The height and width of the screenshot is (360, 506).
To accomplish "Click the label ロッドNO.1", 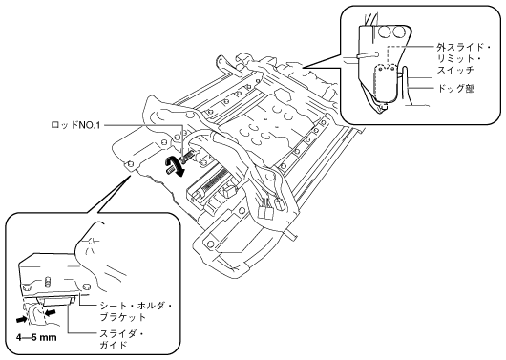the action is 75,125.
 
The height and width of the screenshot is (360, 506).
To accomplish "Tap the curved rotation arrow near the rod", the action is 175,165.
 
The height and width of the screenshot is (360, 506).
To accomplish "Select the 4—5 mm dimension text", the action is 36,338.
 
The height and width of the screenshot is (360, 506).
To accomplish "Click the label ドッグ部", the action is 455,88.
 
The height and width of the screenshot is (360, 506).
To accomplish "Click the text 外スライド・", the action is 463,48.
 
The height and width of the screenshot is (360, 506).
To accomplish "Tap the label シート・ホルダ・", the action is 137,306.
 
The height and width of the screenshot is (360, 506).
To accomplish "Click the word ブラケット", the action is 123,317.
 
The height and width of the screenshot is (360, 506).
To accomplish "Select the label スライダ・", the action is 122,333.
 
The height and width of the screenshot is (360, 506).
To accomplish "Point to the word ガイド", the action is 114,345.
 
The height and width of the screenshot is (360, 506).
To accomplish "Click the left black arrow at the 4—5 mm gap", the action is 22,319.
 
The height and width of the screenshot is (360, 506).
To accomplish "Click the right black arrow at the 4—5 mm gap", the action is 50,311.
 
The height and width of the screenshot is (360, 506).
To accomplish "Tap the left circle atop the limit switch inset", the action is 385,32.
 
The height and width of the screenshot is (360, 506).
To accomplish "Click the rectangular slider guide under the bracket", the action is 57,301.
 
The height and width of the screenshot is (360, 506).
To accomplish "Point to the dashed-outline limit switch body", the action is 386,83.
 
